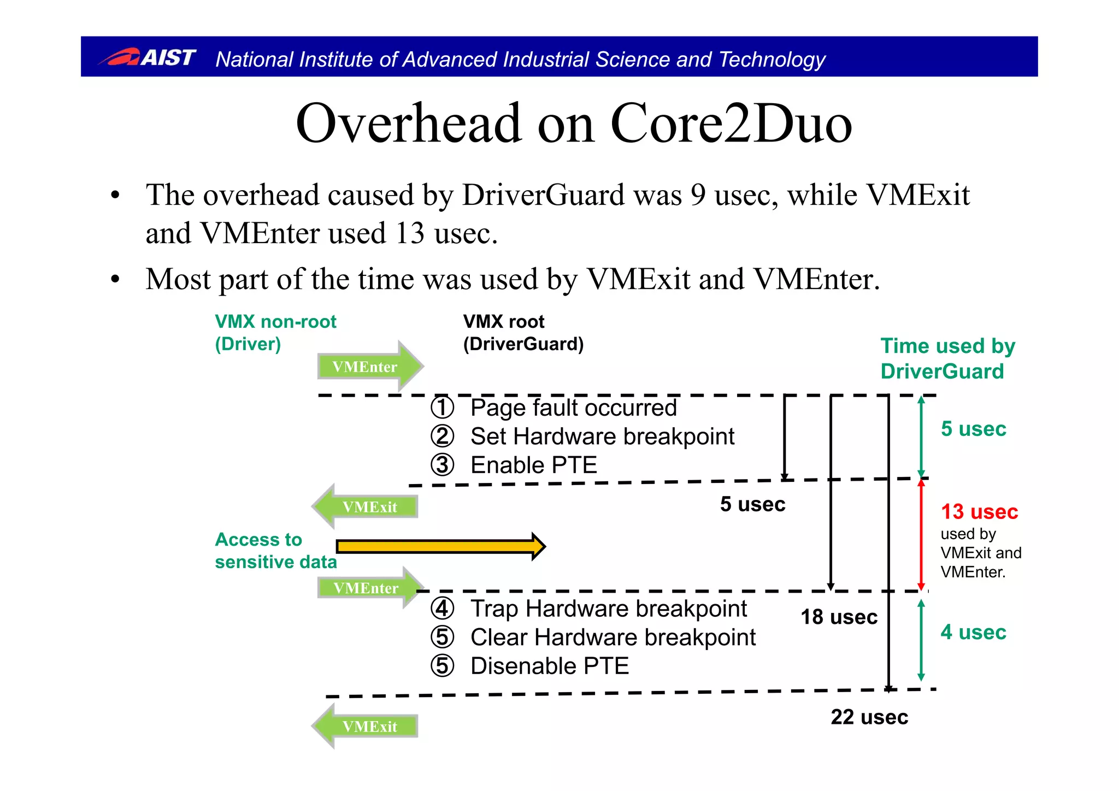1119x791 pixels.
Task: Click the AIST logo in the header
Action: tap(148, 57)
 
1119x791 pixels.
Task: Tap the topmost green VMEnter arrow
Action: tap(369, 366)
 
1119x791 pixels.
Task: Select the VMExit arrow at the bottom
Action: tap(366, 726)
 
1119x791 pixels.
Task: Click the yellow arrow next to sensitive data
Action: tap(440, 546)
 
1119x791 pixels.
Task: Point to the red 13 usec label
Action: tap(979, 512)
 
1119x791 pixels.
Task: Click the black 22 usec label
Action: tap(869, 717)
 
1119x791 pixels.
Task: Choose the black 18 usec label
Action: tap(839, 617)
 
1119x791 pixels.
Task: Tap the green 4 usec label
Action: tap(973, 632)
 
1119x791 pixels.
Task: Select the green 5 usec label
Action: tap(973, 429)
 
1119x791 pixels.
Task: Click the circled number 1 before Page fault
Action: tap(442, 408)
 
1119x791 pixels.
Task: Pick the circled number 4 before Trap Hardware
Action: tap(442, 609)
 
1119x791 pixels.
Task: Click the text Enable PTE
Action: tap(533, 465)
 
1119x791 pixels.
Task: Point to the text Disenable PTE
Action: tap(549, 666)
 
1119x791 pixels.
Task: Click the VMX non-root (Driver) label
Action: tap(275, 332)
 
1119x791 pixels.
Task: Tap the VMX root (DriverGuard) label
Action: tap(523, 332)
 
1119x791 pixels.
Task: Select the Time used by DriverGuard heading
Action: tap(947, 358)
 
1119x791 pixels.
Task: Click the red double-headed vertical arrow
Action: tap(921, 535)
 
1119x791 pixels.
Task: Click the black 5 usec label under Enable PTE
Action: tap(752, 504)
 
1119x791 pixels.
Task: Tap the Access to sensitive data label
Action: tap(275, 550)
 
